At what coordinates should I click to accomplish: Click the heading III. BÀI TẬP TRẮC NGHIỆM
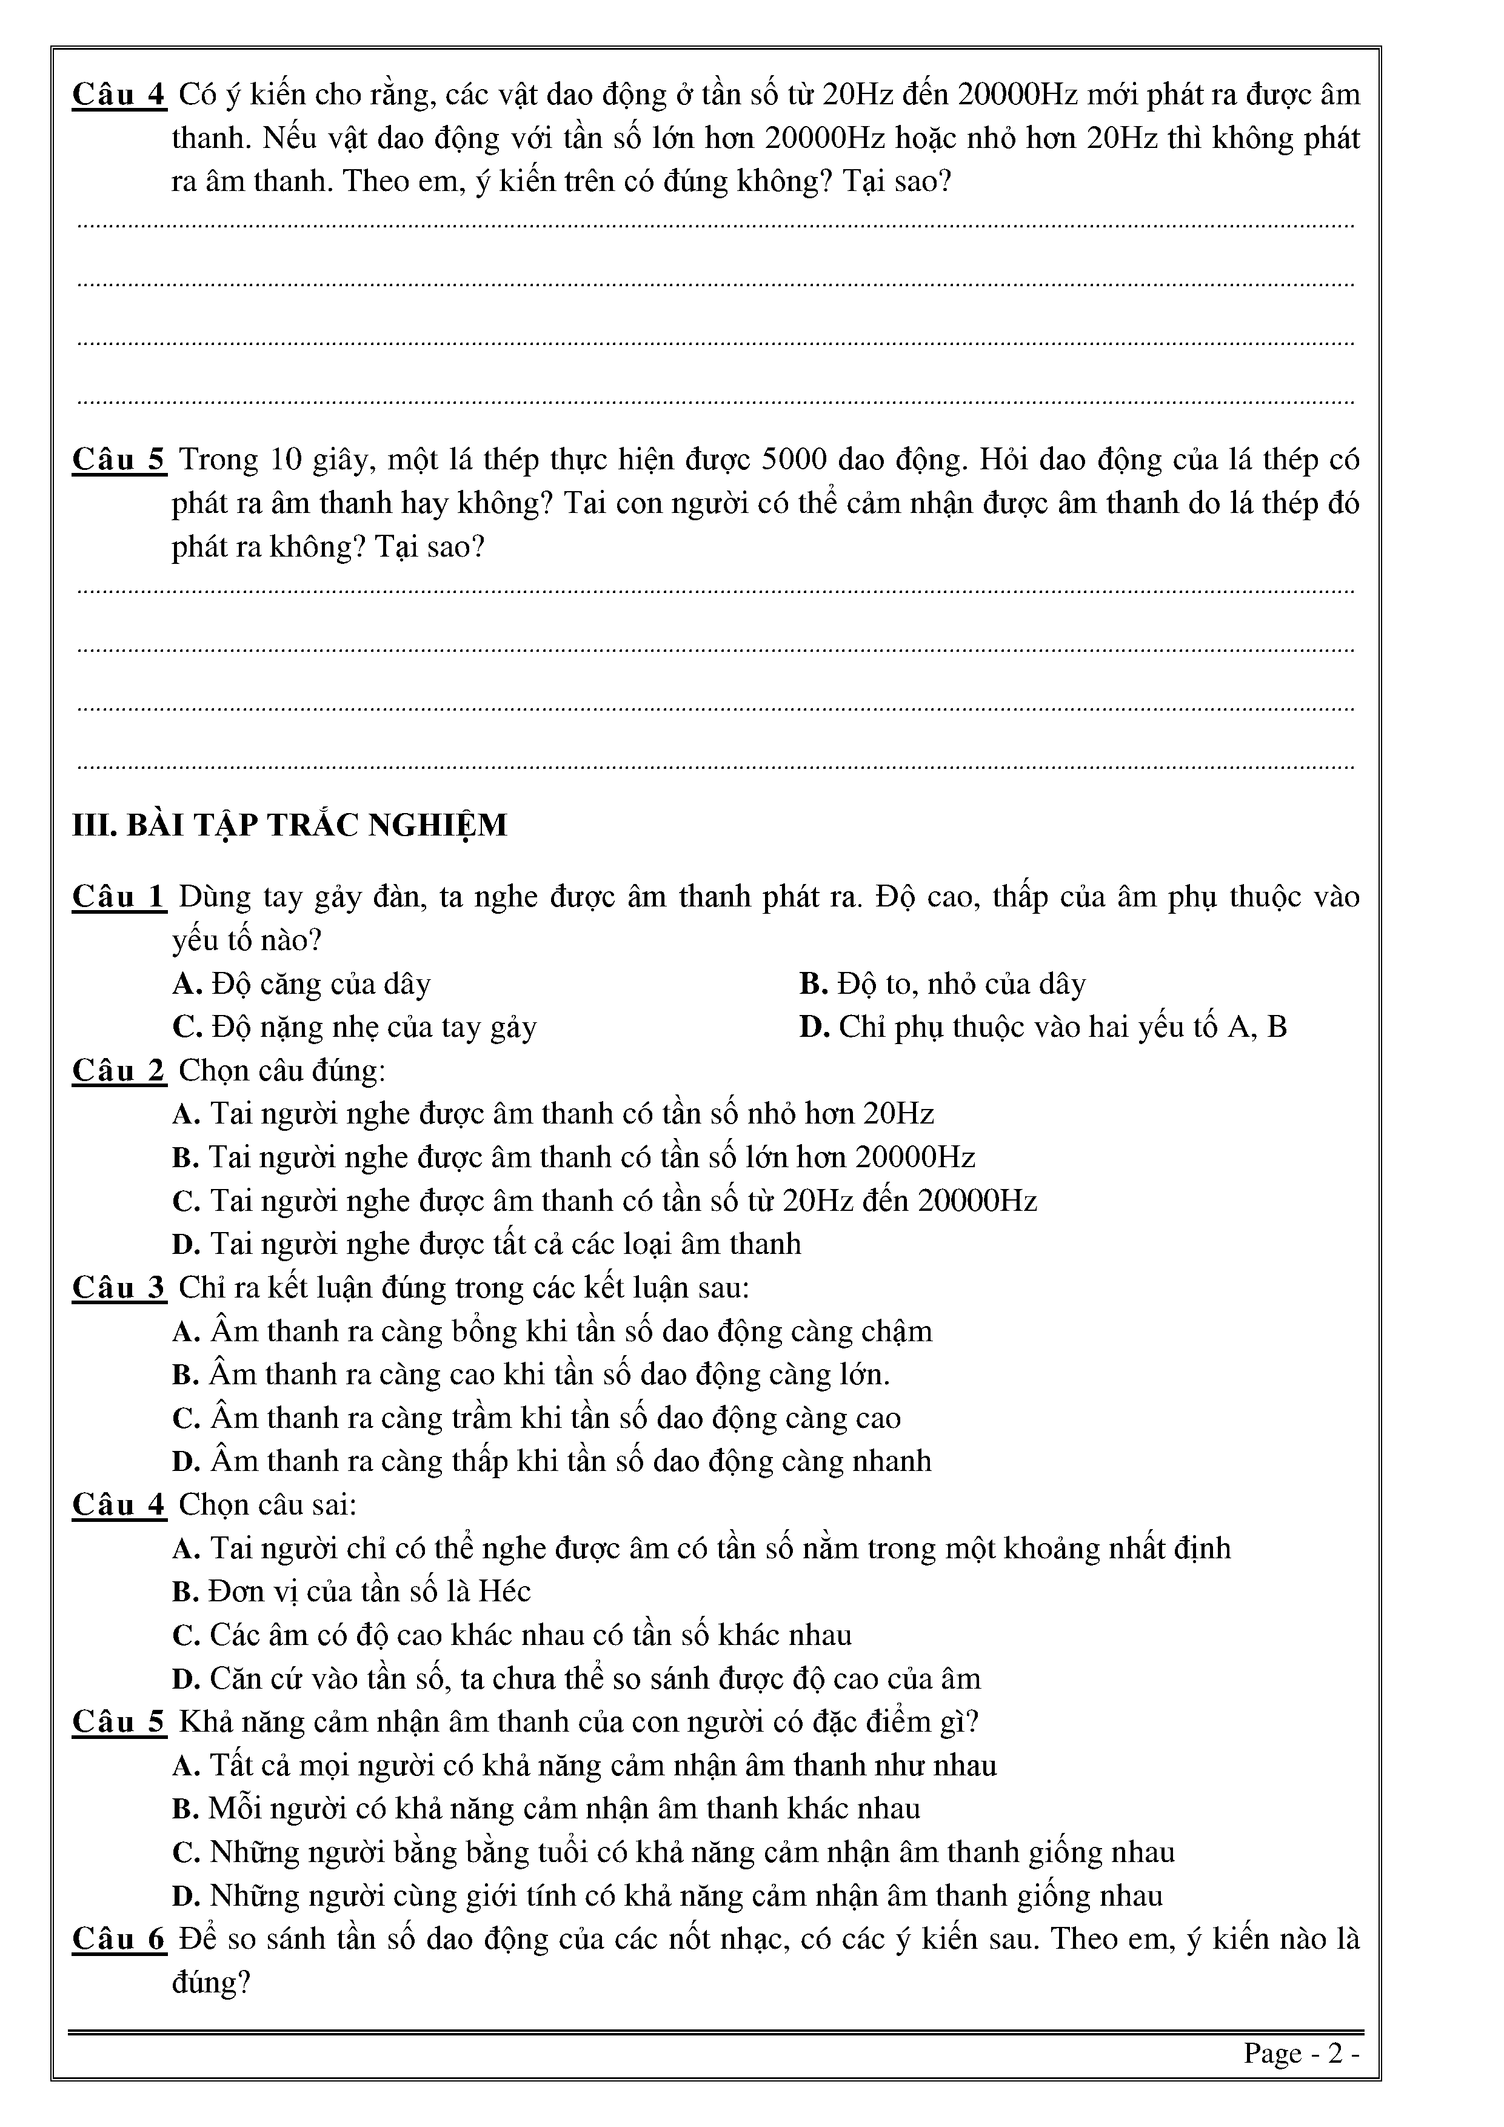(290, 825)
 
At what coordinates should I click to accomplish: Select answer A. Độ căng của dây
(302, 984)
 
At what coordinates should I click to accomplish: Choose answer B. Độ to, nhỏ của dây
(943, 984)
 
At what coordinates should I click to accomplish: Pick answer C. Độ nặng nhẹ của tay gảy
(355, 1027)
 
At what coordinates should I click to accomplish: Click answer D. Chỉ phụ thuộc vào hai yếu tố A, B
(1044, 1027)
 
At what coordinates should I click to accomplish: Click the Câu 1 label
(119, 897)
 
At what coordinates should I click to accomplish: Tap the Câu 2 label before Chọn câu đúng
(119, 1071)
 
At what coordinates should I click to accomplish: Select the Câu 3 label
(119, 1288)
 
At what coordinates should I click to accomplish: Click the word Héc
(505, 1592)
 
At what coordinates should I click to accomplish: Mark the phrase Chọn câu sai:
(268, 1504)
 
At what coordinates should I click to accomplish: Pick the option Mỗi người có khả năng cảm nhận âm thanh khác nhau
(546, 1808)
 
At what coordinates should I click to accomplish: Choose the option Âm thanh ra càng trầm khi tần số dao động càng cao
(537, 1418)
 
